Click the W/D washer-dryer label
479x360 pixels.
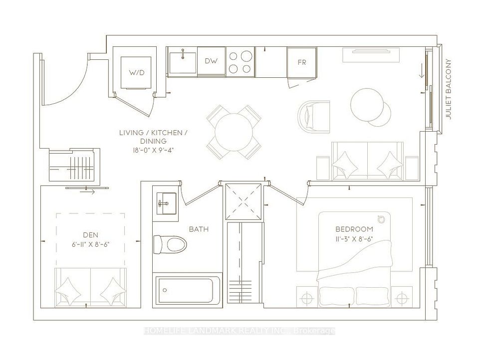point(136,73)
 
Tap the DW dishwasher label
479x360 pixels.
point(211,61)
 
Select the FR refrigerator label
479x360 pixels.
point(301,62)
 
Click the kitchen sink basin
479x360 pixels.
point(183,63)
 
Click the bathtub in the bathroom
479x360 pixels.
point(188,290)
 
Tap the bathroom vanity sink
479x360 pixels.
point(167,203)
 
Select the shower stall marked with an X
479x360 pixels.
point(243,201)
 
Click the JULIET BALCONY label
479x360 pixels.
point(448,89)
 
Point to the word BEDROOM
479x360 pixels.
point(354,229)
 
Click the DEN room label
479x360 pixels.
point(91,235)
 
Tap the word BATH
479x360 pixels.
point(199,229)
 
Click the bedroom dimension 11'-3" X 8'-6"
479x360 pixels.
point(354,239)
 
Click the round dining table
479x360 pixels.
point(234,132)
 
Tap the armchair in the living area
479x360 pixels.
point(313,117)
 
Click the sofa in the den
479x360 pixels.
point(90,288)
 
